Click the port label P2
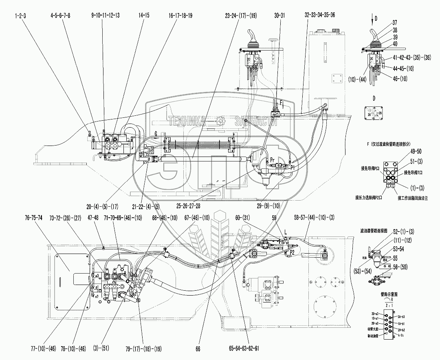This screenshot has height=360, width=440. coord(290,252)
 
